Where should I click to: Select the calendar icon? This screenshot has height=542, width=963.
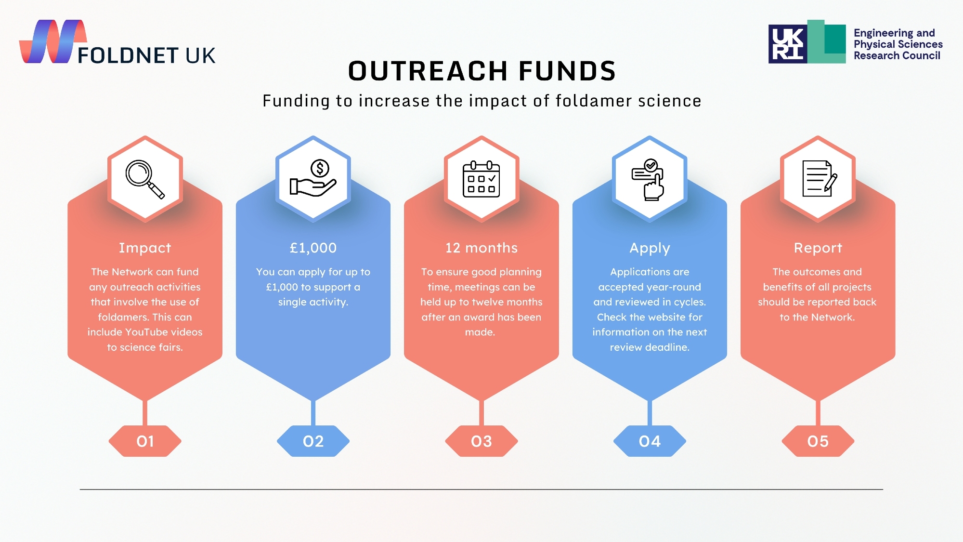[481, 179]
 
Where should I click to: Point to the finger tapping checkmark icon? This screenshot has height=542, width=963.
[649, 180]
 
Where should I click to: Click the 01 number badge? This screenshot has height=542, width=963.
[145, 441]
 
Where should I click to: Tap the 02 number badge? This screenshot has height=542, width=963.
[313, 441]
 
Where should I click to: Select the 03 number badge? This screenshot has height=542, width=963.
[481, 441]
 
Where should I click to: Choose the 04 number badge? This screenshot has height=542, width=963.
[650, 441]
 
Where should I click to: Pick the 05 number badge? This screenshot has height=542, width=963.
[818, 441]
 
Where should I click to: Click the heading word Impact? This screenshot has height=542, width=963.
[145, 248]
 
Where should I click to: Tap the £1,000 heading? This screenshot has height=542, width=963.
[313, 248]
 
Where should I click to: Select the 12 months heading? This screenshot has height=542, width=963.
[481, 248]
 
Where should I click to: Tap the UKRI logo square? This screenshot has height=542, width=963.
[788, 44]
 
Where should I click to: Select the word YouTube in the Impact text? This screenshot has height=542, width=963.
[144, 332]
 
